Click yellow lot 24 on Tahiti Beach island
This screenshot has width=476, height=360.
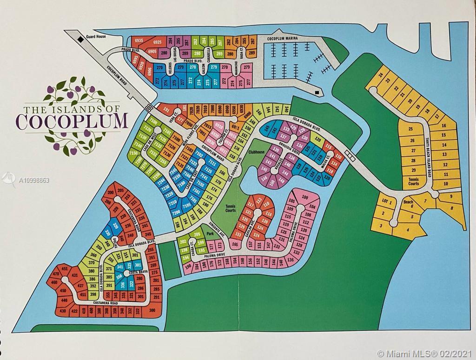pyautogui.click(x=380, y=75)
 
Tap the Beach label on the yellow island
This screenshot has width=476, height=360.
pyautogui.click(x=408, y=202)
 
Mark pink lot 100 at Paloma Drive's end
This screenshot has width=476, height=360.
pyautogui.click(x=305, y=197)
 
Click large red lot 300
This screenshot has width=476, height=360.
pyautogui.click(x=151, y=310)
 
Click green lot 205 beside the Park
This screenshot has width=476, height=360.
pyautogui.click(x=196, y=234)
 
